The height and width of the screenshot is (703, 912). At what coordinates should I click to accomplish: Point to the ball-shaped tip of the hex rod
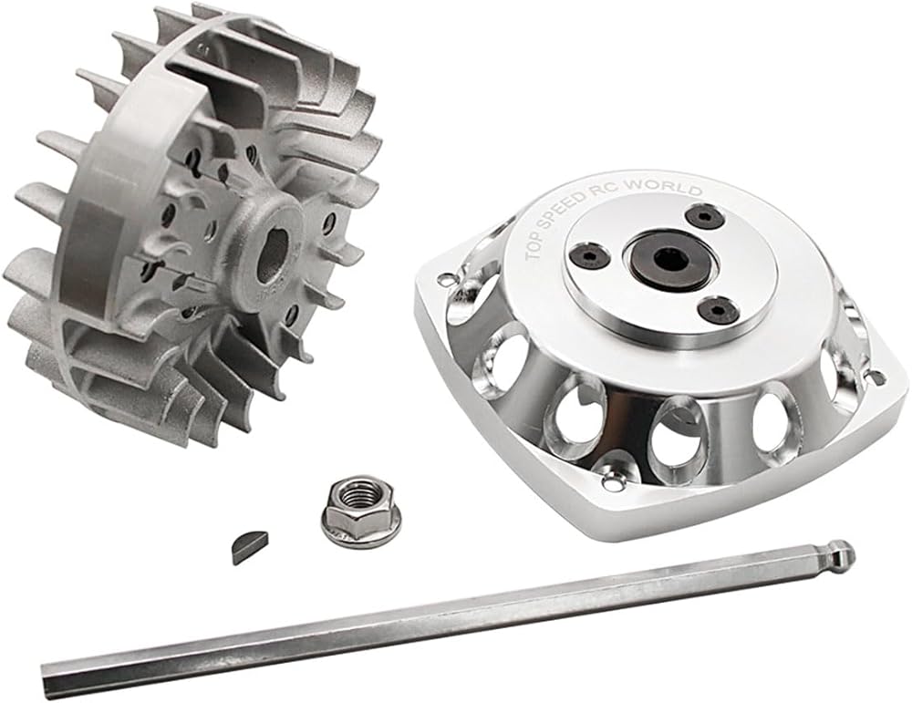click(844, 552)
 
